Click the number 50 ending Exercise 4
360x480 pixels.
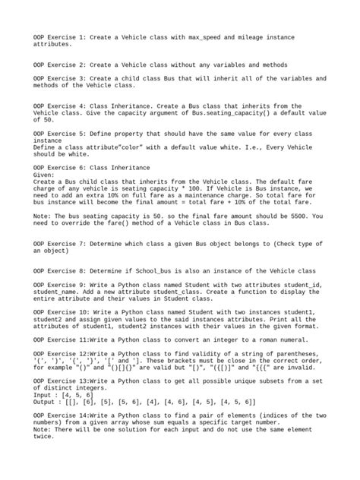pos(47,119)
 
